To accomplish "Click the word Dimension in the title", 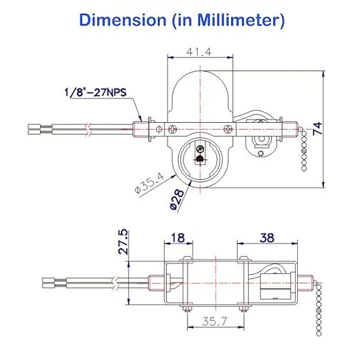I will click(x=119, y=20).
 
